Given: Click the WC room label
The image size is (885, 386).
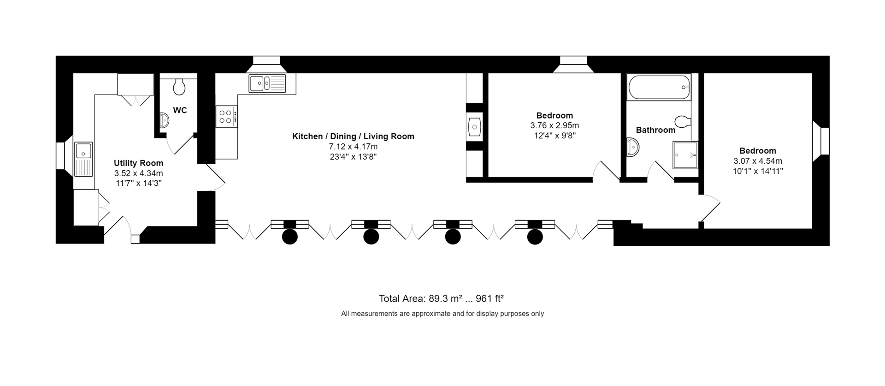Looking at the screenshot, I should coord(180,110).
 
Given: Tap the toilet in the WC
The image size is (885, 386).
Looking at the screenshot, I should coord(179,86).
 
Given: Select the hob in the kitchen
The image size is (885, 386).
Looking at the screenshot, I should coord(226,117).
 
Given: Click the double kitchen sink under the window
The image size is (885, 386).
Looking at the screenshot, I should coord(267,84).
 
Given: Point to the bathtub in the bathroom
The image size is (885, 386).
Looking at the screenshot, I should coord(659,87).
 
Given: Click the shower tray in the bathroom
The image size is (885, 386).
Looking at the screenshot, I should coord(685,155).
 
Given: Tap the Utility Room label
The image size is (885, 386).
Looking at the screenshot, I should coord(138,163).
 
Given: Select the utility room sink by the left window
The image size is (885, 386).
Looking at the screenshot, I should coord(83,159).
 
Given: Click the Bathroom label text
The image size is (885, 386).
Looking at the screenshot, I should coord(655,130).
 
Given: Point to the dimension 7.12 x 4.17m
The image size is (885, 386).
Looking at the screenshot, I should coord(353,147).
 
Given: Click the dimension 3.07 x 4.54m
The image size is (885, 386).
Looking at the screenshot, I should coord(757,161).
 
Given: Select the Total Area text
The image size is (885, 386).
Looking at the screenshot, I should coord(441,298).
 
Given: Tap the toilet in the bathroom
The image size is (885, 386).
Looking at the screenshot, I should coord(683,121).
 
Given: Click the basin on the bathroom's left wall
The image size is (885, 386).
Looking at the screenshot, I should coord(633,148).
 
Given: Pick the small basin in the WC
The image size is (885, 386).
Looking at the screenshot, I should coord(164,121).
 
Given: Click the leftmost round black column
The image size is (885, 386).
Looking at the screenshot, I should coord(289,237).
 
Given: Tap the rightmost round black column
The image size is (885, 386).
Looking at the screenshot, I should coord(535,237).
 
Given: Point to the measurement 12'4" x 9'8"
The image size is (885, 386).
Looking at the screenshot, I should coord(555,136).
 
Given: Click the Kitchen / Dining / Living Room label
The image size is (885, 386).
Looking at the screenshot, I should coord(353,137).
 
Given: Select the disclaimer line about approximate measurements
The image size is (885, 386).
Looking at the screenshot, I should coord(442,314).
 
